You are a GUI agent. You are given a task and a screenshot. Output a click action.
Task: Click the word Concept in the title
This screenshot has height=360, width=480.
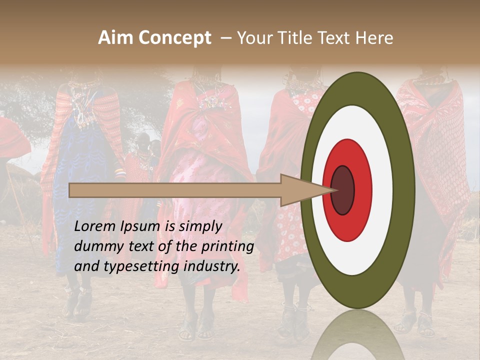[174, 38]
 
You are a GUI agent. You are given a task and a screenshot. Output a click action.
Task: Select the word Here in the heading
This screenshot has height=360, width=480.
[374, 38]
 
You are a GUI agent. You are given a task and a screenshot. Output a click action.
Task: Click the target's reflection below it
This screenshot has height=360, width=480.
[358, 337]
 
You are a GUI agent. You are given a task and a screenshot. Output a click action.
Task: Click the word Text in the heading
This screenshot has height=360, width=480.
[338, 38]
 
